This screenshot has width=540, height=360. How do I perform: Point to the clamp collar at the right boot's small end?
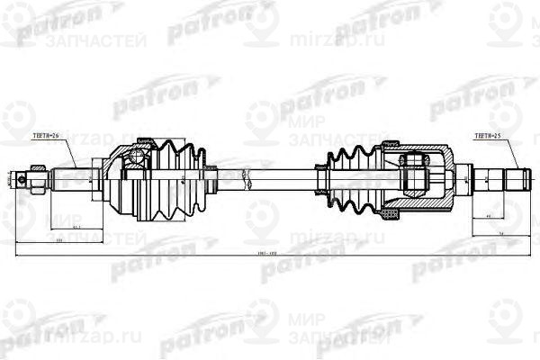[322, 168]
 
